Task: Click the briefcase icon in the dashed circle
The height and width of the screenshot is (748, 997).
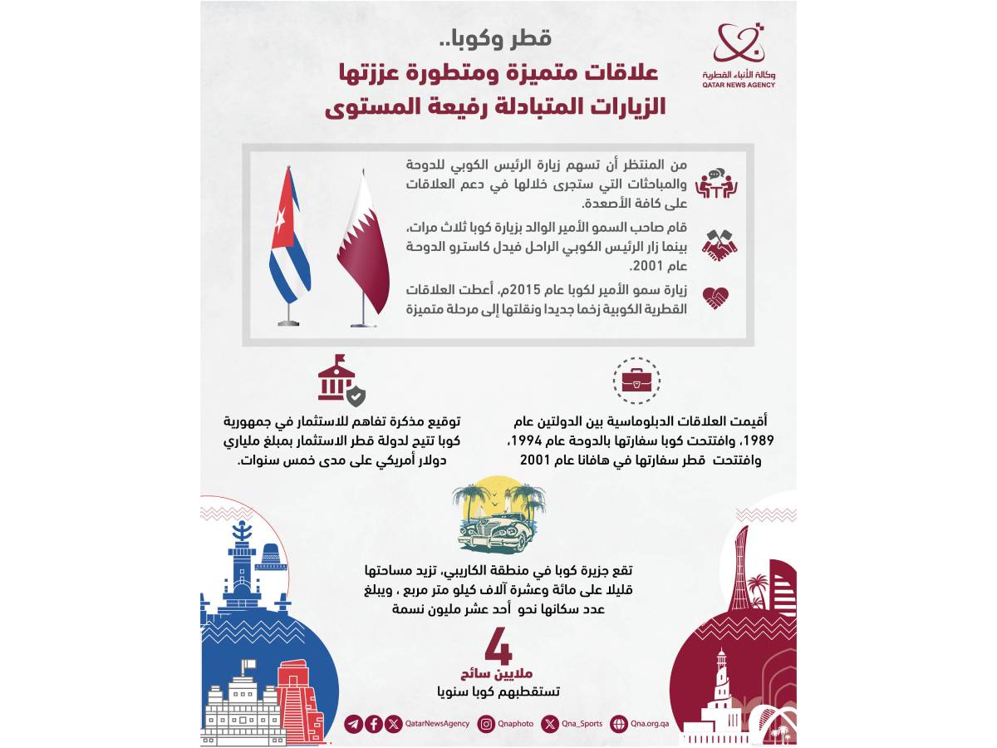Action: pyautogui.click(x=636, y=380)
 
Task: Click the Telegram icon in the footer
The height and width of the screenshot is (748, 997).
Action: pyautogui.click(x=353, y=724)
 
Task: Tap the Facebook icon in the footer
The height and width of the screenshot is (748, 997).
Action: pyautogui.click(x=374, y=724)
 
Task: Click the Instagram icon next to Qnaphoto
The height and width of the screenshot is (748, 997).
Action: pyautogui.click(x=486, y=724)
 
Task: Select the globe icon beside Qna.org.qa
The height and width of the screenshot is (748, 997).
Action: pyautogui.click(x=618, y=724)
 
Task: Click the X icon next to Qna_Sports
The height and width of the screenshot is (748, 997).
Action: pyautogui.click(x=550, y=724)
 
